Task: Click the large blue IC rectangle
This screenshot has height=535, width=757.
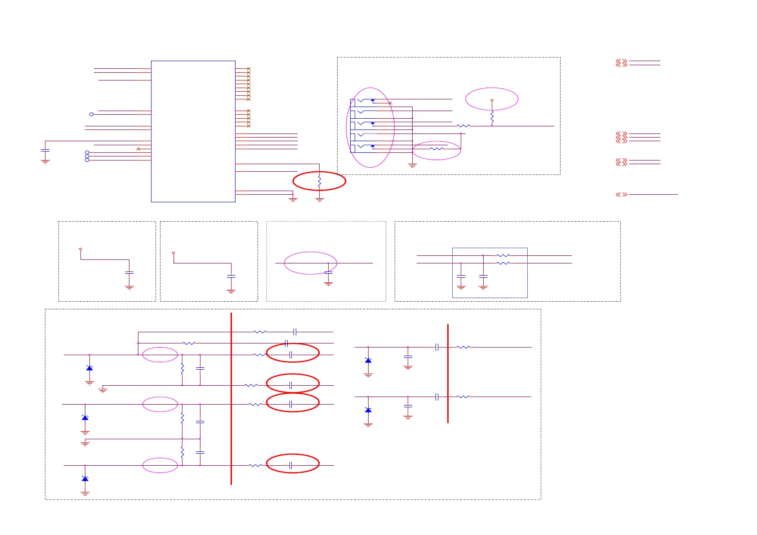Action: (x=193, y=131)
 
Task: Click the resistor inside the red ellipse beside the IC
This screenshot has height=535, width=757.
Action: (x=319, y=182)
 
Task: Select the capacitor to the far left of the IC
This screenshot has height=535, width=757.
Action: (x=45, y=150)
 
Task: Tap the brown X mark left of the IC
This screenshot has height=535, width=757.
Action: (x=138, y=149)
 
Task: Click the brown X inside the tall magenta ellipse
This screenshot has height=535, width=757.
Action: (x=390, y=103)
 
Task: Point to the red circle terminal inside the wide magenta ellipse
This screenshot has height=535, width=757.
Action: (x=492, y=100)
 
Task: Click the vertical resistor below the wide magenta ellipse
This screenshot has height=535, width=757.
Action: (x=492, y=117)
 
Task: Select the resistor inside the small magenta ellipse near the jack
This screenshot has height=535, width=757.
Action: (x=436, y=149)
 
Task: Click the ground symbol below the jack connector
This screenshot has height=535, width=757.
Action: (x=412, y=165)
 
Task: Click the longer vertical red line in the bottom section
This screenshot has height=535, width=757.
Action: (x=231, y=398)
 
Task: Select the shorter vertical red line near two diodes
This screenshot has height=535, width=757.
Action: (x=448, y=373)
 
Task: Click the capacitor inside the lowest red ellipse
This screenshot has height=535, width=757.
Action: (x=291, y=465)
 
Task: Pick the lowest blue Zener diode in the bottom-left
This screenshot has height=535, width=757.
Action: (x=85, y=478)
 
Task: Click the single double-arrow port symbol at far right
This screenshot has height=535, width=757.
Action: (x=621, y=195)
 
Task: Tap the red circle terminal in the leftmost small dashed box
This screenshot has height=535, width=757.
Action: (x=80, y=249)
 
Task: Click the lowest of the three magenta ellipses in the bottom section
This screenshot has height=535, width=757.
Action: (x=160, y=465)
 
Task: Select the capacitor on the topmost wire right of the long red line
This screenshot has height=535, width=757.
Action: (x=294, y=332)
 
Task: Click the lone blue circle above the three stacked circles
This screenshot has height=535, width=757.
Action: (x=91, y=114)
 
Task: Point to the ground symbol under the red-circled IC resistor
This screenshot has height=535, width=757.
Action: (x=320, y=199)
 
